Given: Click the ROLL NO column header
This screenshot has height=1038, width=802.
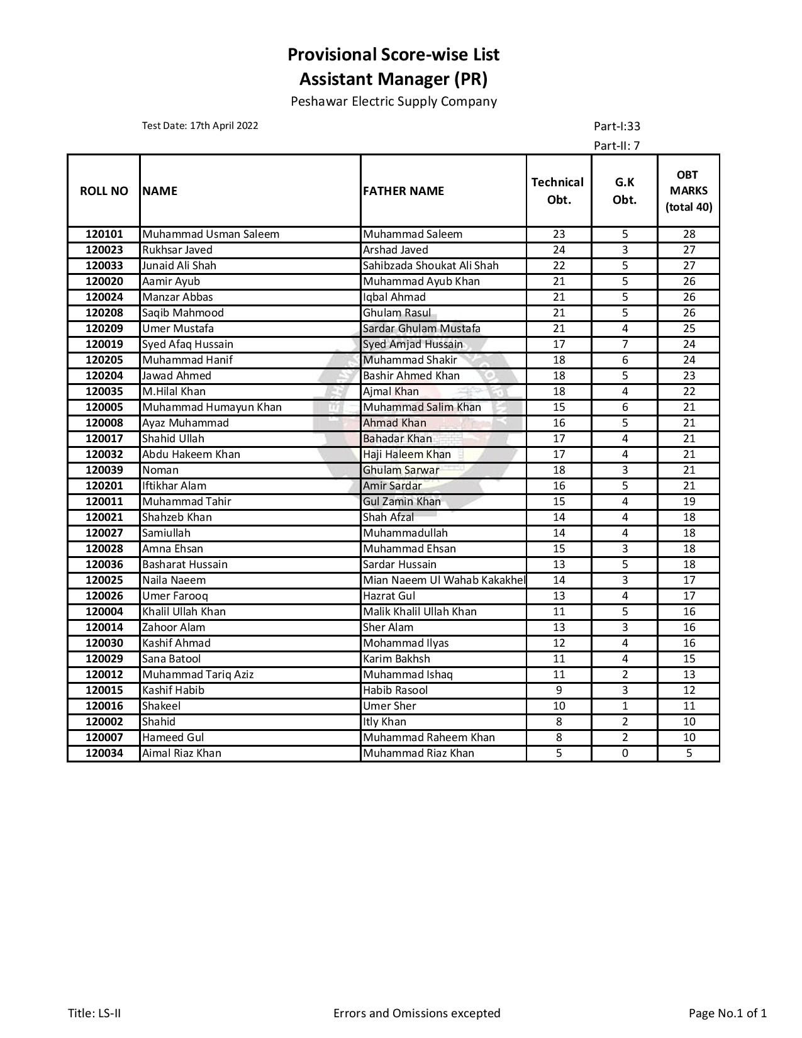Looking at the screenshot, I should pos(104,191).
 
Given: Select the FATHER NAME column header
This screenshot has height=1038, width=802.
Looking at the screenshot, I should pos(403,191).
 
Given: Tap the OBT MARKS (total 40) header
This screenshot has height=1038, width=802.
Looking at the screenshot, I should pos(689,191).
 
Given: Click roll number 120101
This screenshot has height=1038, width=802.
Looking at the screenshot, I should pos(104,234).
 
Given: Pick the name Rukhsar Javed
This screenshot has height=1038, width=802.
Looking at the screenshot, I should pos(177,250).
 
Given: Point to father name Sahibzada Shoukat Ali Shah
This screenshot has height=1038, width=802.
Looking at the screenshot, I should pos(431,265).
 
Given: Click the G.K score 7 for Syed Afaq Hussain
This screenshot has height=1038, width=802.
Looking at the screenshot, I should pos(625,344).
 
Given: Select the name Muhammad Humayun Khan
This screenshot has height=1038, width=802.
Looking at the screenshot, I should pos(212,407).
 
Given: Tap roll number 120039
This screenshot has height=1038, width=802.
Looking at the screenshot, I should pos(104,470).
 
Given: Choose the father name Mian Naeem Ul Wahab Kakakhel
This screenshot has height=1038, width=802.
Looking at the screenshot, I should pos(444,580).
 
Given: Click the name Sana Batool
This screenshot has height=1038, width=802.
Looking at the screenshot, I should pos(172,659).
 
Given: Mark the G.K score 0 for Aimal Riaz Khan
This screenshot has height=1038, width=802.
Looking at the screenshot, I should pos(625,753).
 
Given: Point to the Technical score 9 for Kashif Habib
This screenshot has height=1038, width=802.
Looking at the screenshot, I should pos(559,690).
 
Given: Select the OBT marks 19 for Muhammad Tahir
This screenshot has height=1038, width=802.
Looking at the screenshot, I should pos(689,501).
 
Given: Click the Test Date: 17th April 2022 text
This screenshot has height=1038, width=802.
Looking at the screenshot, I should pos(200,125).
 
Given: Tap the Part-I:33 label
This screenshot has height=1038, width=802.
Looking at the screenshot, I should pos(616,126).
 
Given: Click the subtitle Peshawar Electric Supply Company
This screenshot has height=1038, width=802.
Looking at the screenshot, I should pos(394,101).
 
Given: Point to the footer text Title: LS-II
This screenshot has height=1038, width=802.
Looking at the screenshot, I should pos(94,1013).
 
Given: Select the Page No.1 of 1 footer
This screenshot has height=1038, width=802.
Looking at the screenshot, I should pos(728,1013).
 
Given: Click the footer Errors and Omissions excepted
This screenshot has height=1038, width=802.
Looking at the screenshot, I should pos(416,1013).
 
